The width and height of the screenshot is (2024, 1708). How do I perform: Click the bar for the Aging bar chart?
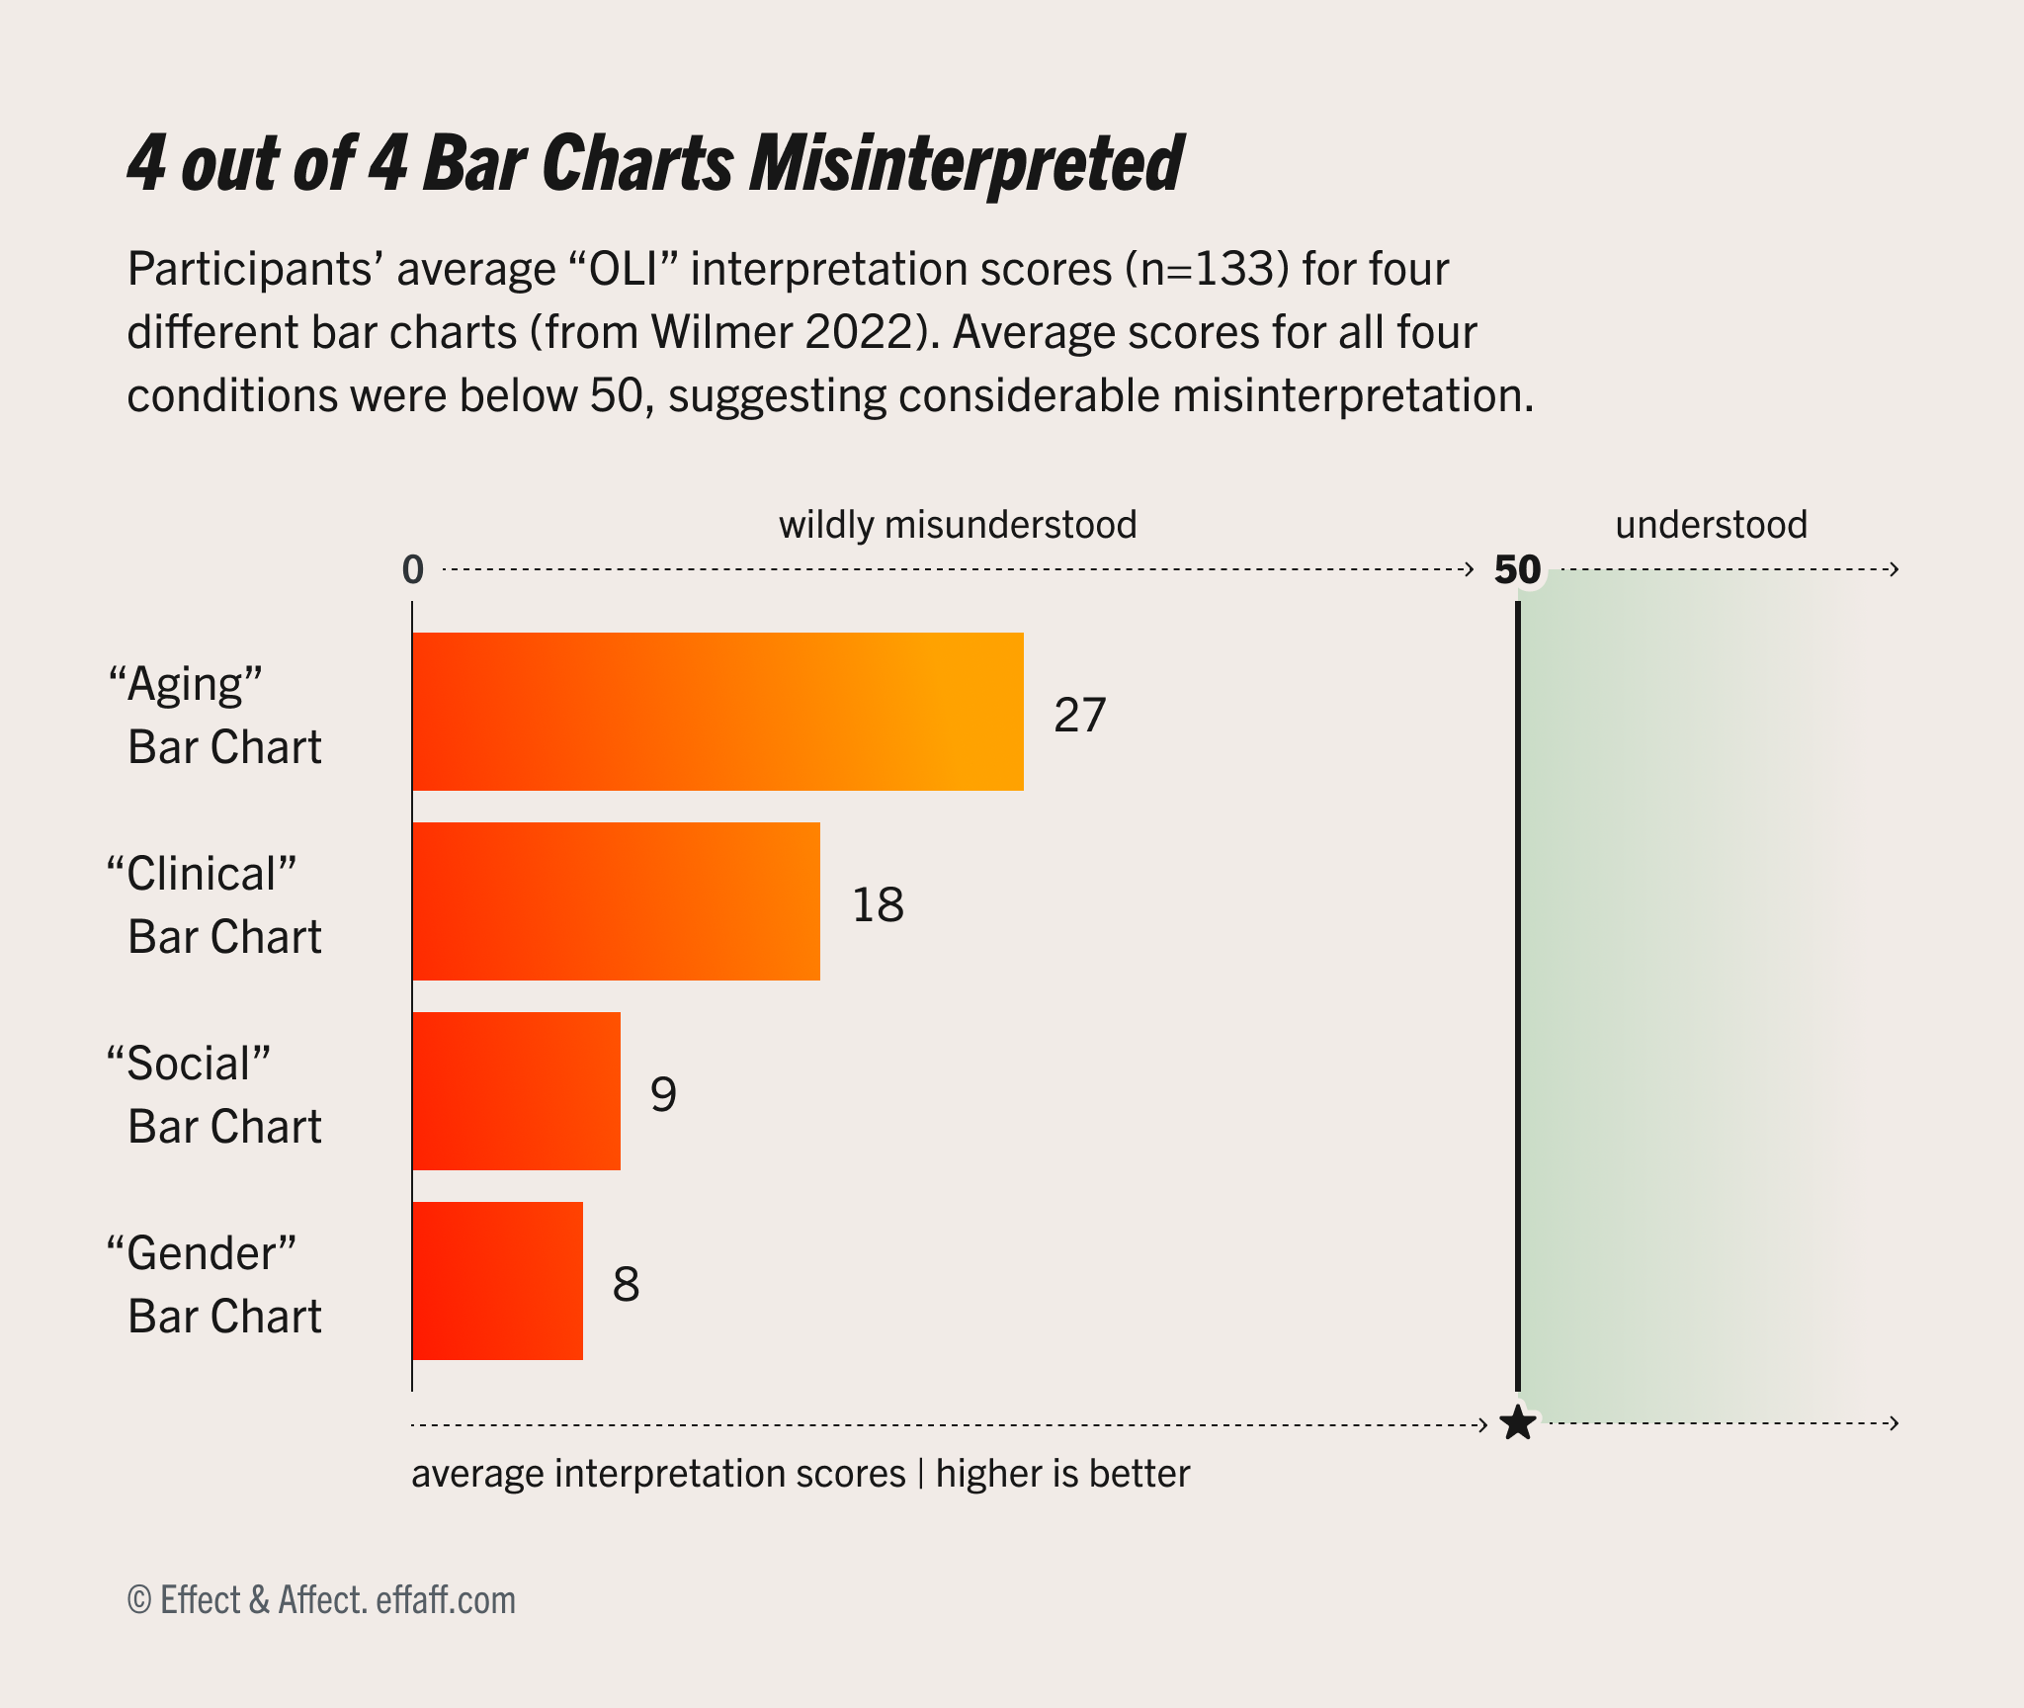click(x=717, y=712)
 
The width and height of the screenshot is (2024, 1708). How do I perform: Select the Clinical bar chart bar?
click(x=616, y=901)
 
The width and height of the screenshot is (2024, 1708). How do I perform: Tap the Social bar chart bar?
click(x=516, y=1091)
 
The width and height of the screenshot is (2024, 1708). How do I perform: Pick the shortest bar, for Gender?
click(x=497, y=1281)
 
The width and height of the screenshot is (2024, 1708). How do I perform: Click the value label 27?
click(x=1079, y=715)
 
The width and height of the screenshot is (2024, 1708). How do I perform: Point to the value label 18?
click(x=878, y=904)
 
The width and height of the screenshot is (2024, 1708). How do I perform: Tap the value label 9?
click(x=663, y=1094)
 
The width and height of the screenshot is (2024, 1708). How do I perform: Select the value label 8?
click(x=626, y=1284)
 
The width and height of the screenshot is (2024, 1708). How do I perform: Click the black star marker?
click(x=1517, y=1424)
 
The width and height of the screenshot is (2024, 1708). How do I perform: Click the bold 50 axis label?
click(x=1517, y=570)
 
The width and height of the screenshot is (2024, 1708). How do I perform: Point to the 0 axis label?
click(x=412, y=570)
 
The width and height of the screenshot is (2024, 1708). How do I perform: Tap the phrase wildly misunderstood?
click(x=958, y=524)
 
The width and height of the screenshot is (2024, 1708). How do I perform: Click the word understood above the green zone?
click(x=1711, y=524)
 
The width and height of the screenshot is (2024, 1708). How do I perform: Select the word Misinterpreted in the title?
click(x=966, y=163)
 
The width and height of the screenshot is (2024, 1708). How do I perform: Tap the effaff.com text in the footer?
click(x=446, y=1599)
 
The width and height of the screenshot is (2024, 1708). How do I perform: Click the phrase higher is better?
click(x=1062, y=1474)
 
